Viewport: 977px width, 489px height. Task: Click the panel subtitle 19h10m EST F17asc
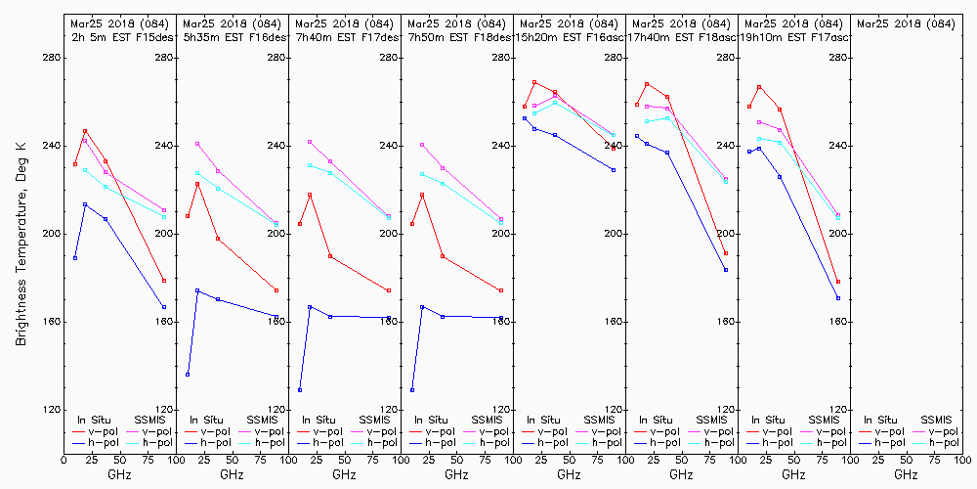tap(795, 37)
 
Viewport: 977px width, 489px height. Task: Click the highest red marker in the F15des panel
tap(85, 131)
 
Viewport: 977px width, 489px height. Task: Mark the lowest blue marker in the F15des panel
tap(164, 307)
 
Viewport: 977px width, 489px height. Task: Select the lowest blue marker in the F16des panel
tap(188, 375)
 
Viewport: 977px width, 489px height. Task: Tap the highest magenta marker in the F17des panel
tap(310, 142)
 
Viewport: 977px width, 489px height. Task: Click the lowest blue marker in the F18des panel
tap(412, 390)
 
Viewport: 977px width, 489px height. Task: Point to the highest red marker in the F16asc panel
tap(534, 82)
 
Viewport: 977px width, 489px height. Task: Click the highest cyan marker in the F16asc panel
tap(555, 103)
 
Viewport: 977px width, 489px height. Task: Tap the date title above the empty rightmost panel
tap(907, 22)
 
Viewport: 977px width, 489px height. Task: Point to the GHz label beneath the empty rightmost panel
tap(906, 474)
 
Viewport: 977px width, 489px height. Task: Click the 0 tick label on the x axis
tap(64, 458)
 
